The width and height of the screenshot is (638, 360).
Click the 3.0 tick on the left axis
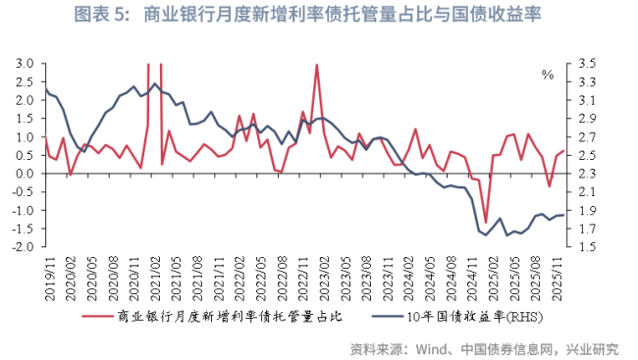(25, 63)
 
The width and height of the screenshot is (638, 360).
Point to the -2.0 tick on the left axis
(23, 247)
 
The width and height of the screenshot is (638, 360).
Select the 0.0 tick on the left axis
(25, 174)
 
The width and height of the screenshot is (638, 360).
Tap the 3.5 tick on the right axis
(587, 63)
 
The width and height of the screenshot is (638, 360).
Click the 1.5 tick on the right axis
(587, 247)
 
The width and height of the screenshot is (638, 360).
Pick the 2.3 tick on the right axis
(587, 174)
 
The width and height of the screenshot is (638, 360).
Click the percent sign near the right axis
(548, 75)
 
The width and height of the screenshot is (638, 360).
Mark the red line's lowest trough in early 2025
(485, 224)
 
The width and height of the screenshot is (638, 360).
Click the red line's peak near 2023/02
(317, 65)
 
